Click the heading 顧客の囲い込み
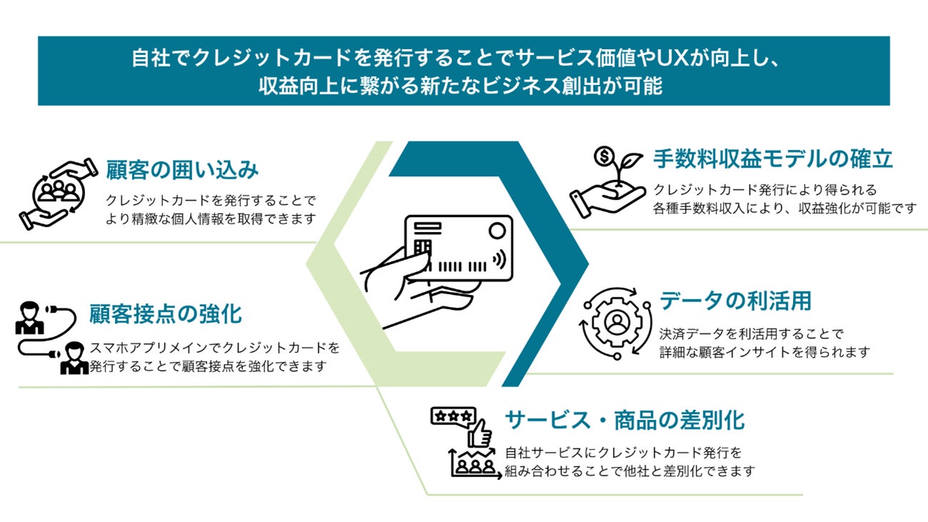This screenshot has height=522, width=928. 182,170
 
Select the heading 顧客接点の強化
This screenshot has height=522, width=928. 166,313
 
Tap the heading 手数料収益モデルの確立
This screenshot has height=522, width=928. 773,159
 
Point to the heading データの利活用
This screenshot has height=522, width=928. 735,301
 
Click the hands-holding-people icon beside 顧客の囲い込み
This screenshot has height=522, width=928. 59,193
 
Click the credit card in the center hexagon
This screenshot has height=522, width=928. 459,249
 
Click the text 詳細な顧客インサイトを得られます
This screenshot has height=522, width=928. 764,352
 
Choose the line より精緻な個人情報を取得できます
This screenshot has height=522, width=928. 211,219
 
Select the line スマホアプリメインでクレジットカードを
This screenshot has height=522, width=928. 214,348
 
